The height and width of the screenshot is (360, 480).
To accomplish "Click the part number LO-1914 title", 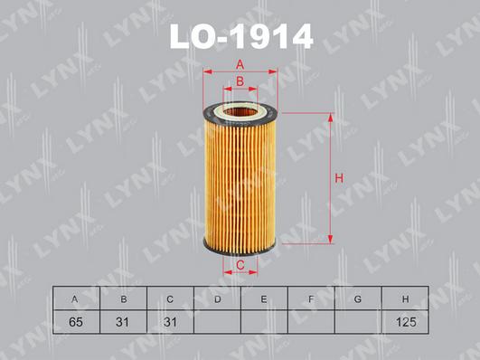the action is click(241, 36).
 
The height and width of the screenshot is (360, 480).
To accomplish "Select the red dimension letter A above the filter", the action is click(240, 65).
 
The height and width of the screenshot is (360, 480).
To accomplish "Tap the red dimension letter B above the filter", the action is click(240, 81).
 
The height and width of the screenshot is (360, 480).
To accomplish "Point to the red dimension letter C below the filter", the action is click(240, 265).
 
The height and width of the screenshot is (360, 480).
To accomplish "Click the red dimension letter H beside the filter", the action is click(339, 178).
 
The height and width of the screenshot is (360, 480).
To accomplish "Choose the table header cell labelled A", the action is click(76, 298).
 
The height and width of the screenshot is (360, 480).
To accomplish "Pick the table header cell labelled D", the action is click(217, 298).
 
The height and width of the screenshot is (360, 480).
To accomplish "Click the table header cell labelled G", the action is click(358, 298).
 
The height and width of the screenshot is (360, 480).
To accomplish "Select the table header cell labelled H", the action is click(405, 298).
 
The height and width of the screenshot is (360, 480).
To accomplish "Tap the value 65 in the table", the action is click(76, 322).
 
